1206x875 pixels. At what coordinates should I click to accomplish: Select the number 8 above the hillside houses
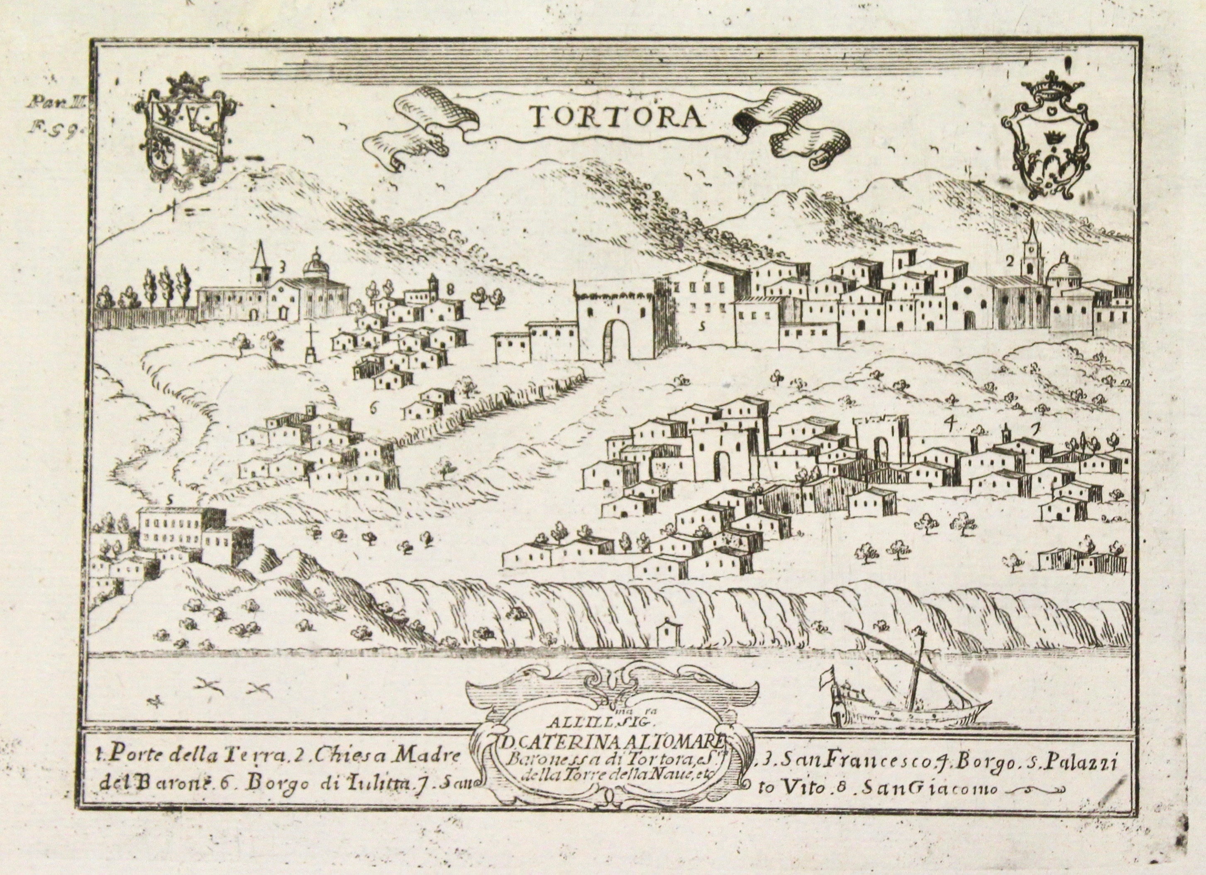(x=450, y=289)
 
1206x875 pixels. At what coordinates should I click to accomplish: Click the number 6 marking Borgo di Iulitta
(x=373, y=408)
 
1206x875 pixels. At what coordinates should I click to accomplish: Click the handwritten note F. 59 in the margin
(x=51, y=128)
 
